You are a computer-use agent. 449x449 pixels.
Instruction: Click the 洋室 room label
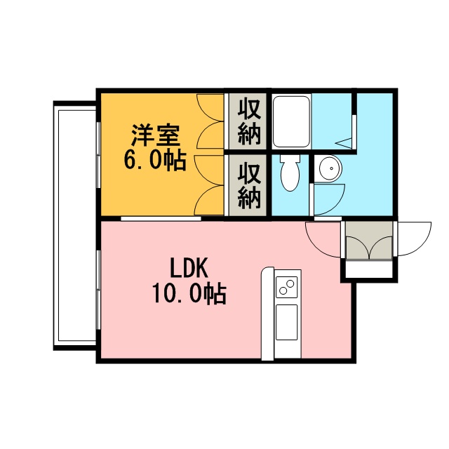point(156,135)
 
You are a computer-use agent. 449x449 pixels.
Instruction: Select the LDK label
point(189,268)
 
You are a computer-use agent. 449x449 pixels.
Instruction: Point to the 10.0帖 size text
point(189,293)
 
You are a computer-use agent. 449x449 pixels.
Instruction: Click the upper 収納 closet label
point(249,121)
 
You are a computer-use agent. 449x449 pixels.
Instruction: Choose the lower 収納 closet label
point(249,185)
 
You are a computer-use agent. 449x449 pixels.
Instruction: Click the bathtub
point(291,121)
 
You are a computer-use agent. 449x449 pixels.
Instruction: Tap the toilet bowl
point(290,173)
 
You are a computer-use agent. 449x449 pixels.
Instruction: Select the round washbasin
point(330,168)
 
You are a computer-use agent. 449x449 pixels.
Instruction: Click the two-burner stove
point(287,287)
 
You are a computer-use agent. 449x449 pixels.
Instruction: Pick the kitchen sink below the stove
point(287,323)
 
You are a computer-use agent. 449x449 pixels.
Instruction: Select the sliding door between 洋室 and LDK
point(161,219)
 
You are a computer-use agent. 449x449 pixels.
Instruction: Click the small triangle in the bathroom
point(344,142)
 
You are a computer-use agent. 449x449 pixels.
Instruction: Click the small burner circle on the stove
point(283,291)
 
